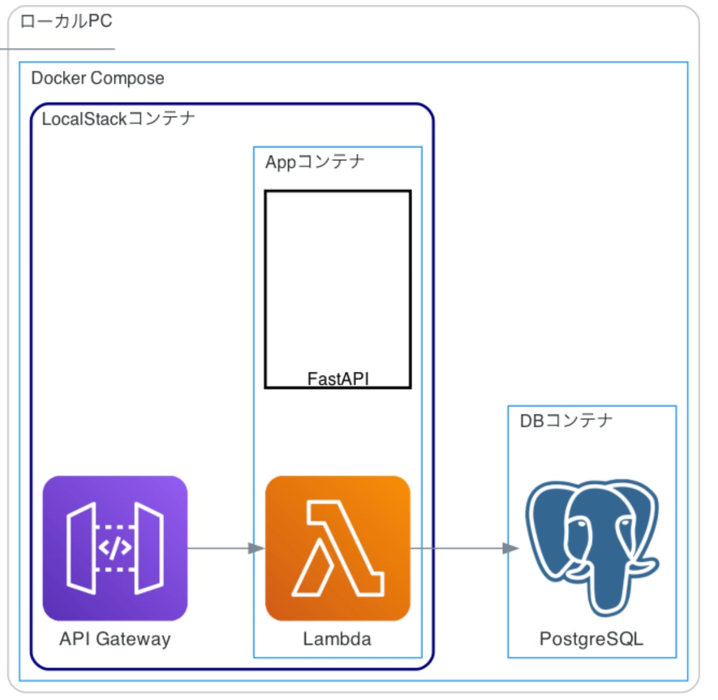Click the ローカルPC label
tap(66, 22)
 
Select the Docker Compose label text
tap(97, 78)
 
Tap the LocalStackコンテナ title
tap(118, 118)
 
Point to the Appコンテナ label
tap(315, 162)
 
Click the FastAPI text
tap(337, 378)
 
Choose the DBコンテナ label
tap(566, 421)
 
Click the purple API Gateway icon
tap(115, 548)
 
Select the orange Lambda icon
tap(337, 548)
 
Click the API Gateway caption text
tap(115, 639)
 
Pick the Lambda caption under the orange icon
tap(337, 639)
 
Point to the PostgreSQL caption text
tap(591, 639)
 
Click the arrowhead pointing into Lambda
tap(256, 548)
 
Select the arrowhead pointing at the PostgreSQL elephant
tap(510, 548)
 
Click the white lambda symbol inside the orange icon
tap(337, 549)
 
